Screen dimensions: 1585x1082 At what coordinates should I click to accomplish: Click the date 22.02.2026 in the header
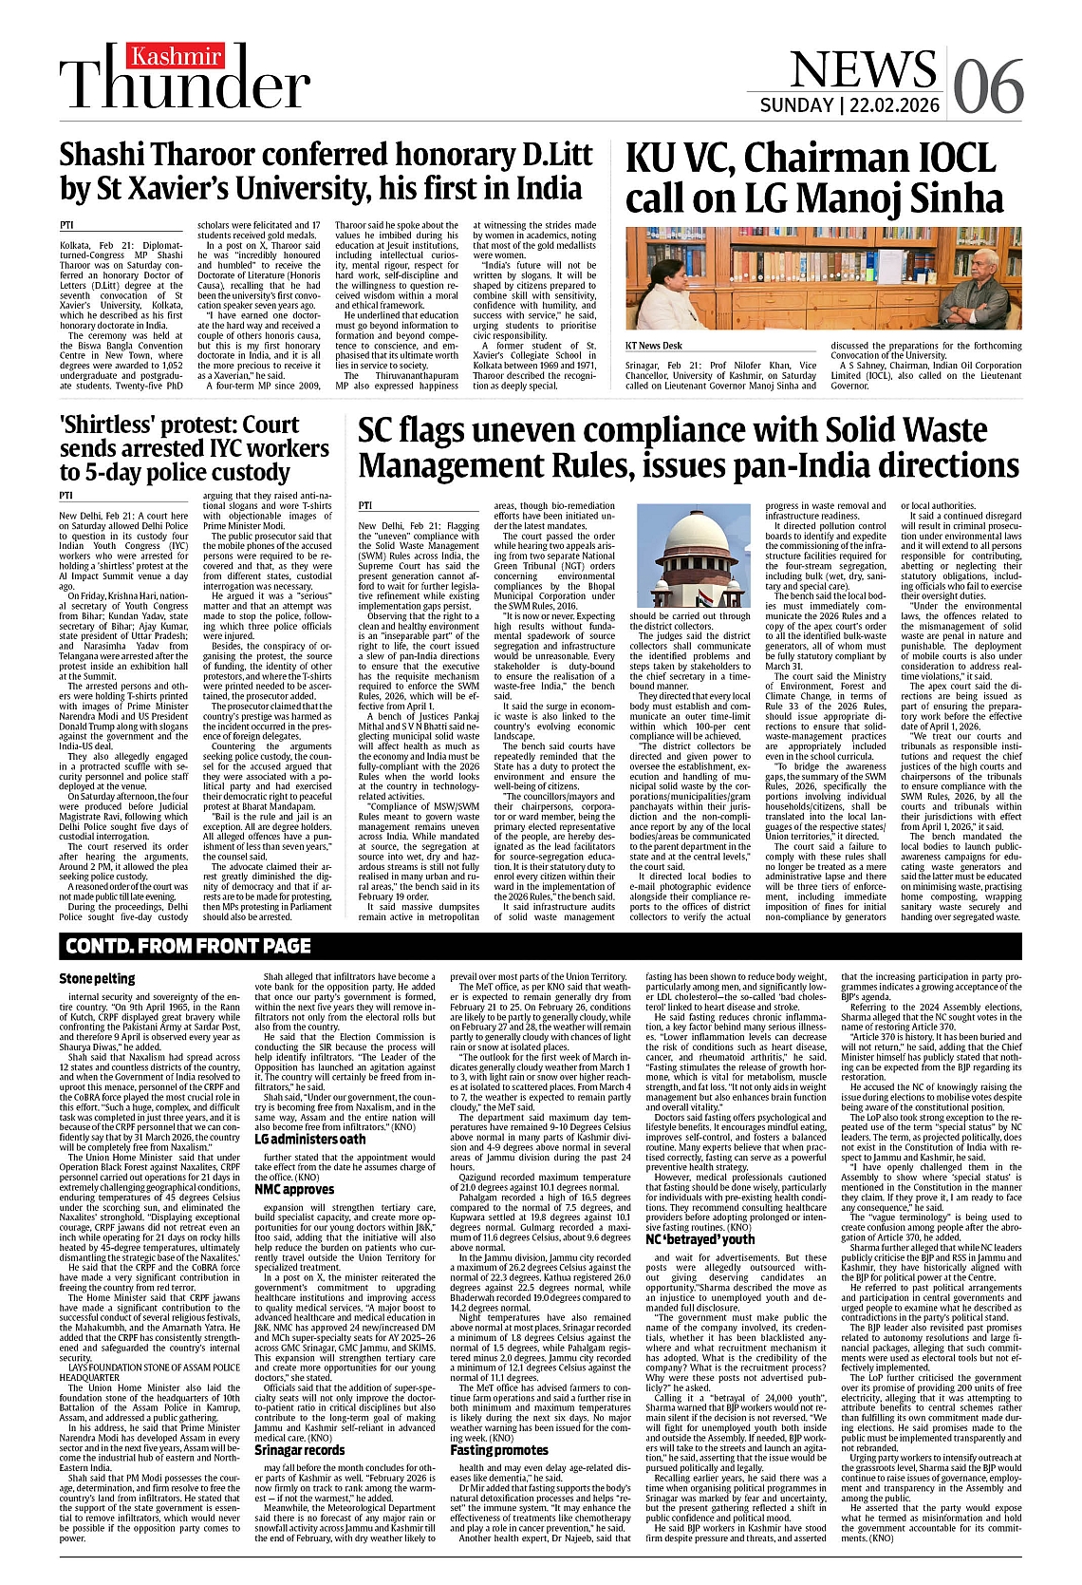click(893, 104)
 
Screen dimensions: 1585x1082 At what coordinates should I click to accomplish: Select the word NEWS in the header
click(863, 69)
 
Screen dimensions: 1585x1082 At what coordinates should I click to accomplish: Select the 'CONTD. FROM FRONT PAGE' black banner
click(188, 945)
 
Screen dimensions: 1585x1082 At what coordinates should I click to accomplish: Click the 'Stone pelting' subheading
click(97, 978)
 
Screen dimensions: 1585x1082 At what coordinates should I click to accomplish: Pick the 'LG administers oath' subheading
click(309, 1139)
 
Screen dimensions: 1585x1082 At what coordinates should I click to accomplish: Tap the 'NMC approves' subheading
click(294, 1189)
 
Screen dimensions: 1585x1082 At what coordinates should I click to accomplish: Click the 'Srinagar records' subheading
click(299, 1450)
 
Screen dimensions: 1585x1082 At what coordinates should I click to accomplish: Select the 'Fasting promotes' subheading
click(499, 1450)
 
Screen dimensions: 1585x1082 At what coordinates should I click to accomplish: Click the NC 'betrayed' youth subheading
click(700, 1239)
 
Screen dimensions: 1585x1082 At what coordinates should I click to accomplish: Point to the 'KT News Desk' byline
click(653, 346)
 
